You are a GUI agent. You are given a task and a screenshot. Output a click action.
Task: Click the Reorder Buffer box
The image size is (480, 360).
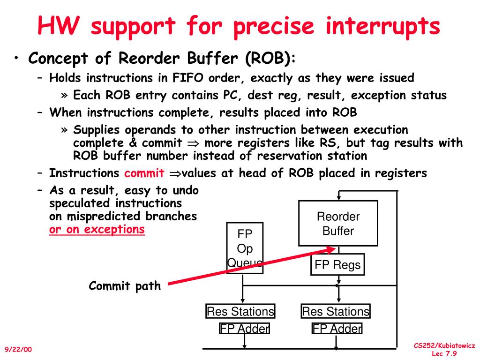click(x=338, y=223)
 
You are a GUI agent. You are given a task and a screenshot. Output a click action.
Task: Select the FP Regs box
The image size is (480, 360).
click(x=337, y=265)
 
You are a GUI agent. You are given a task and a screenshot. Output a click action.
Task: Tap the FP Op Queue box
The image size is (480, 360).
click(x=245, y=248)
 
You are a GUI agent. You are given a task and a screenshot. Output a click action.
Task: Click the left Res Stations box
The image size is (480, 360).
click(x=240, y=311)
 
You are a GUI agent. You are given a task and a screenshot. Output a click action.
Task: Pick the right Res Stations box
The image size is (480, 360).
click(x=336, y=311)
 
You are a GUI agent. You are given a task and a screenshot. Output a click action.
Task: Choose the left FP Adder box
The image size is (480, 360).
click(x=245, y=328)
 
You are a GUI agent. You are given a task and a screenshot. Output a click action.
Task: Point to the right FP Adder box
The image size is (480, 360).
click(x=337, y=328)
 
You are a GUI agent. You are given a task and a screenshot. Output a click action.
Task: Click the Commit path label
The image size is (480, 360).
click(x=125, y=285)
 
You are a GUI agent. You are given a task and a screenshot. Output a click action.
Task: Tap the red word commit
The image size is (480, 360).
click(x=144, y=173)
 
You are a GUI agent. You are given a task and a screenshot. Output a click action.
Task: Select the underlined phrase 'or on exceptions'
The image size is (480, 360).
click(x=97, y=229)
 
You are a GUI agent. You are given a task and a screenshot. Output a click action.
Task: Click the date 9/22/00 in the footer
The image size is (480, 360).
click(x=19, y=350)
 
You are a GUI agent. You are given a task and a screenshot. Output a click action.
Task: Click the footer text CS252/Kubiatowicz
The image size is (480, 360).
click(x=444, y=345)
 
